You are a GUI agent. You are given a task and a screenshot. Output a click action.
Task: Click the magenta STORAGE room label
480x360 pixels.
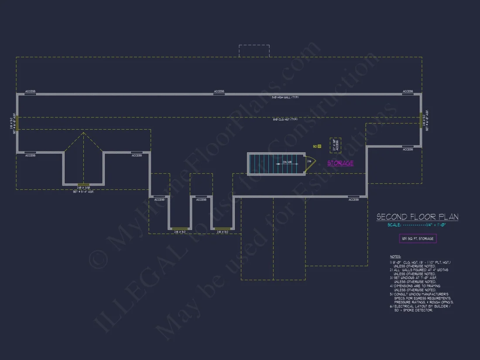(340, 163)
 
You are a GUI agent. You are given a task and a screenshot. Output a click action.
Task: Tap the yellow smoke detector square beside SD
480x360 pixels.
(319, 146)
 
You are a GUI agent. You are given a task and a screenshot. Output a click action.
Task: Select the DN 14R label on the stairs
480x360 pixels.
(287, 163)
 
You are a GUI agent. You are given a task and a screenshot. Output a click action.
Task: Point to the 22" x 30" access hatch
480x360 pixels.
(336, 145)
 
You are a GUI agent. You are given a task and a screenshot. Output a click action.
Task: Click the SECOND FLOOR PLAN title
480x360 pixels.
(417, 217)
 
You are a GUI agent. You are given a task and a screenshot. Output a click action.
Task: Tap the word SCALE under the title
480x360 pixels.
(394, 225)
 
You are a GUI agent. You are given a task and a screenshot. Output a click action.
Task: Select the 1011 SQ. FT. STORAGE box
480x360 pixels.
(418, 238)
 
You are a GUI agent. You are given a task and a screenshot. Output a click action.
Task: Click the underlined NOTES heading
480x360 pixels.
(395, 257)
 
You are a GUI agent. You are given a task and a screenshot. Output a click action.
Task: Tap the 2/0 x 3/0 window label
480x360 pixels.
(83, 188)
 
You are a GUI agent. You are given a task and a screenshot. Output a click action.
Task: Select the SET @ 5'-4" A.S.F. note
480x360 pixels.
(83, 192)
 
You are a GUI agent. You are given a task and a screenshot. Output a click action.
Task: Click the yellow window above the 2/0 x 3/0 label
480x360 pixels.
(83, 184)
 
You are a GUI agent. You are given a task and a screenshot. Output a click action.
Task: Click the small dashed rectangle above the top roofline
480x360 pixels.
(254, 51)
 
